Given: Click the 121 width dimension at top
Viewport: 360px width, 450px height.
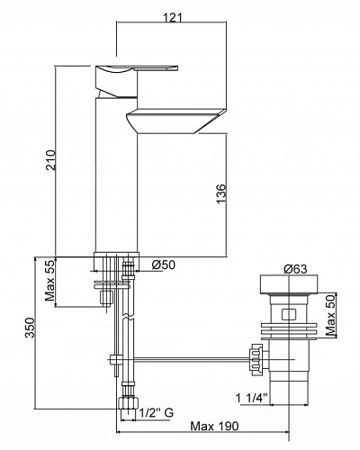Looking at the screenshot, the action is (172, 18).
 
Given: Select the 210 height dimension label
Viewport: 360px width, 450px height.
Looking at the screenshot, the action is (51, 160).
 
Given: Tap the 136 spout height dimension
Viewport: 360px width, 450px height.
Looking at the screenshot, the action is (221, 193).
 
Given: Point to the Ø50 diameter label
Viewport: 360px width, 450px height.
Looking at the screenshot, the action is (163, 265).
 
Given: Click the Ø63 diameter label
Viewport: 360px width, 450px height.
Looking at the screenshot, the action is (295, 269).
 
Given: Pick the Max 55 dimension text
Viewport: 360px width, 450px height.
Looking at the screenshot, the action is (50, 281).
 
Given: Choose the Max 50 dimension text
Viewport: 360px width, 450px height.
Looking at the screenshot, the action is (330, 315).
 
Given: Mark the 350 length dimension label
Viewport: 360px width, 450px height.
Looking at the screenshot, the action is (30, 328).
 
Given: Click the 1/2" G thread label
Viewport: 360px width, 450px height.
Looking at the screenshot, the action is (157, 413).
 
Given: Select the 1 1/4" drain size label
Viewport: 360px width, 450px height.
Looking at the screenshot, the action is (251, 398).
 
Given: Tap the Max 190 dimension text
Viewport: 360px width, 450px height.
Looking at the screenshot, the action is (215, 426).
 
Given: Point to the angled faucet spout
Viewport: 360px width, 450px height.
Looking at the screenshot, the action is (175, 121).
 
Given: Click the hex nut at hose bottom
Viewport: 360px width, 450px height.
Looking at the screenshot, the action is (129, 402).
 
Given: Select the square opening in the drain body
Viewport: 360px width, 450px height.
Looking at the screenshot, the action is (288, 315).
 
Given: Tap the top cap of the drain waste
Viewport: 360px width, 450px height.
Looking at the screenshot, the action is (289, 283).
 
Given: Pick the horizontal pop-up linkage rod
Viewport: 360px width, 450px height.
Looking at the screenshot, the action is (191, 359).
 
